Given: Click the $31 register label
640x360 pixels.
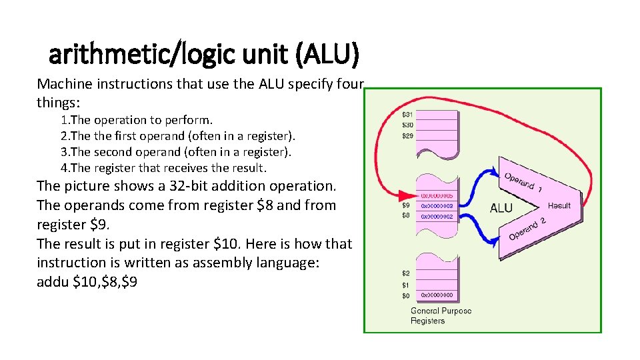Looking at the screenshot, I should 407,115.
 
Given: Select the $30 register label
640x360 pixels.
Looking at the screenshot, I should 407,125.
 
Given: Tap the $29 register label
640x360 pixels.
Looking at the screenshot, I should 407,136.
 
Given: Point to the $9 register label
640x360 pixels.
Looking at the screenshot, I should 405,206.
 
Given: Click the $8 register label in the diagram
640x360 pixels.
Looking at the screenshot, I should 405,216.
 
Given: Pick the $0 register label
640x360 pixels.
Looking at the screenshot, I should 405,295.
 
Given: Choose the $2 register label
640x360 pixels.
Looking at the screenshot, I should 405,273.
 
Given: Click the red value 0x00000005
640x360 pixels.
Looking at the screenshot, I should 437,196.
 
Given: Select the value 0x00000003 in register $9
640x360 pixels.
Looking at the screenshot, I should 437,206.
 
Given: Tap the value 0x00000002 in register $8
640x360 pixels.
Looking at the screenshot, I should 437,216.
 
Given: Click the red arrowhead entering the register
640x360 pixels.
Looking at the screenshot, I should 407,196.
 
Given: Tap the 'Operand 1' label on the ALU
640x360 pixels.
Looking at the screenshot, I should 523,183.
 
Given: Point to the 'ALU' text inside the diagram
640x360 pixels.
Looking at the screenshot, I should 501,208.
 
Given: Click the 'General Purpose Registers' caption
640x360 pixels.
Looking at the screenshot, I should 441,316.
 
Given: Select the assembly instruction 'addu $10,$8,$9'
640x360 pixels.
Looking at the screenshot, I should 87,282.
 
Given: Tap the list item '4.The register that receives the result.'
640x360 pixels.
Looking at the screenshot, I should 163,167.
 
